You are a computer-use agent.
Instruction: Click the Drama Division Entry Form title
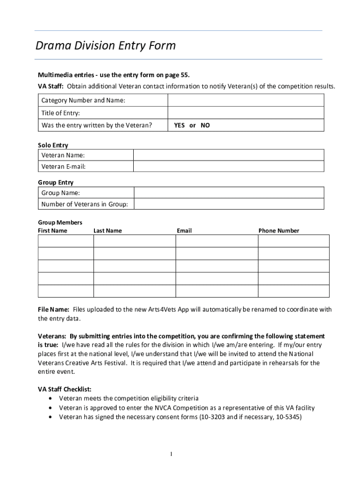106,46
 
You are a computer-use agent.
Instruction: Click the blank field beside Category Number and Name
245,100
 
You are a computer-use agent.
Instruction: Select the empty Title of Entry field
245,113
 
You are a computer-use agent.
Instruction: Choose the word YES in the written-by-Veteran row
179,125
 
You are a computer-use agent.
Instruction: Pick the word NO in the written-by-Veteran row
205,125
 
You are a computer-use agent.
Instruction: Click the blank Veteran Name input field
229,155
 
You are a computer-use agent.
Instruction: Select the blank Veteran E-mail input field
229,167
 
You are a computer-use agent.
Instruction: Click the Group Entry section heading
56,182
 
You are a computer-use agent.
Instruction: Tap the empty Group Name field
229,193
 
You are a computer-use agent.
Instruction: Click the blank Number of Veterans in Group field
229,204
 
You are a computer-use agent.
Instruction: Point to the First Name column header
52,231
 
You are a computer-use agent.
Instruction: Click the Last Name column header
108,231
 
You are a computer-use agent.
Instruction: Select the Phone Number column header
279,231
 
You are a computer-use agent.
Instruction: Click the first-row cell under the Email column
216,241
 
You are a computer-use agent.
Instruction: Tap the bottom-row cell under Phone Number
294,291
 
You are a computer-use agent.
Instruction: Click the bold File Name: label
53,310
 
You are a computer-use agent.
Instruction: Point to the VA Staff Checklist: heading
65,389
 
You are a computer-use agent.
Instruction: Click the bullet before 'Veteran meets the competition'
50,399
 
